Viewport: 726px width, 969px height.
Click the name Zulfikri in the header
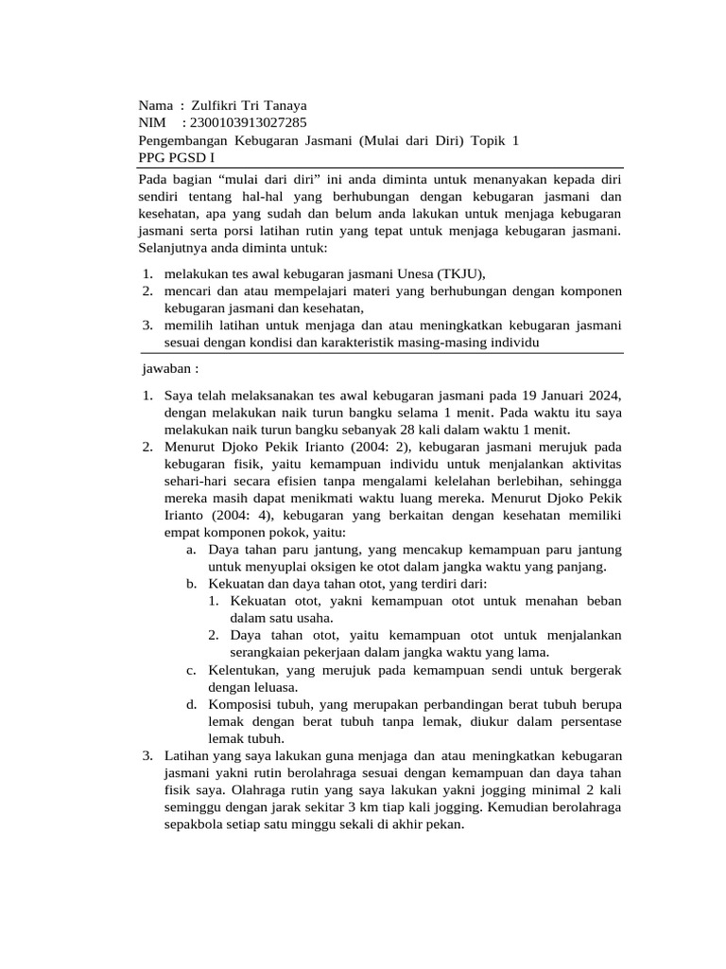[216, 105]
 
